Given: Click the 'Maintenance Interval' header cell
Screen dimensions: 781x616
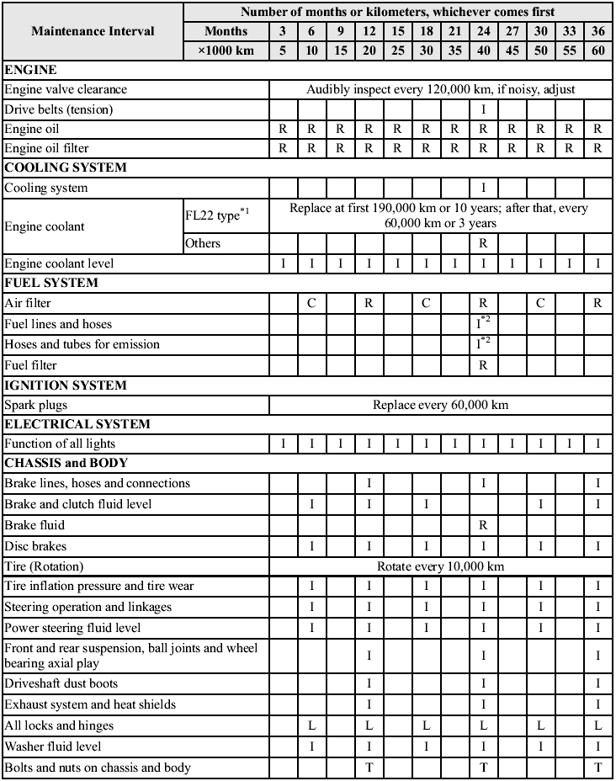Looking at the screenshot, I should point(93,31).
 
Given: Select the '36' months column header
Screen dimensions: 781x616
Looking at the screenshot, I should point(597,31).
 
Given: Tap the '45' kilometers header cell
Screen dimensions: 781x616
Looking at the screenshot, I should point(511,50).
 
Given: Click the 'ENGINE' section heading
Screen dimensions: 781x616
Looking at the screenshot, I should point(30,70).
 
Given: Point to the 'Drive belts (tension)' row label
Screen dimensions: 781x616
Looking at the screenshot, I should point(58,109).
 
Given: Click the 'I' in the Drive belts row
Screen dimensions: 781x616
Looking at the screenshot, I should point(483,109).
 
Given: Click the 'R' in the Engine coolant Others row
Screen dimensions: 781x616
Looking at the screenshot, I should point(483,243).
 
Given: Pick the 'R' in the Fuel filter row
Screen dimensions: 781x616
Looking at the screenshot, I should point(483,365).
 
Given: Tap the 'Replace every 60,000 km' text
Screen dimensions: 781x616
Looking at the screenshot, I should point(440,405).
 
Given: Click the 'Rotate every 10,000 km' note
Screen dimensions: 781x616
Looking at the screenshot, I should point(440,566).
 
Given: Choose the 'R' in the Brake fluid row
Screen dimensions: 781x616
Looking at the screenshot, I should point(483,525).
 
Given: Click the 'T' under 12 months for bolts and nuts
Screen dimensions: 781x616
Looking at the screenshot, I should point(369,767).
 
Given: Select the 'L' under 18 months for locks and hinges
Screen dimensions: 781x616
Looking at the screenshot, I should point(426,725).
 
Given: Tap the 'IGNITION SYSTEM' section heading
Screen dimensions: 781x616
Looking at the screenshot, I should point(66,385).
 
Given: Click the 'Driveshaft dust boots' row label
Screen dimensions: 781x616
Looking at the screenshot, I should point(61,683).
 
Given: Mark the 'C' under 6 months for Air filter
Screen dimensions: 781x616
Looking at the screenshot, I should point(311,303).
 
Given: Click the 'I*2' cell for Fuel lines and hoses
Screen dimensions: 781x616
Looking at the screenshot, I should point(483,323).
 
